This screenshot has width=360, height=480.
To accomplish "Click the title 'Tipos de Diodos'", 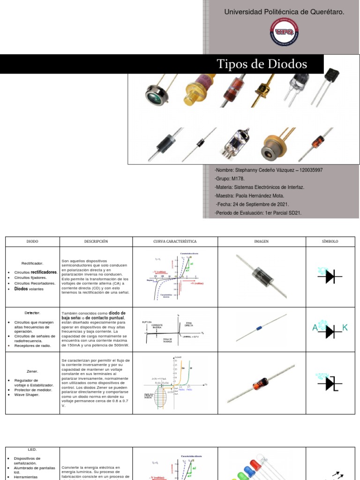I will (262, 64).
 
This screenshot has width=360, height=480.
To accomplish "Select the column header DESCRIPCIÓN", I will (96, 241).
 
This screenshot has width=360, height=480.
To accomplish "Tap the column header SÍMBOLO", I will (330, 241).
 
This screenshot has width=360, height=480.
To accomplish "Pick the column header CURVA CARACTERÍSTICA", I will (175, 241).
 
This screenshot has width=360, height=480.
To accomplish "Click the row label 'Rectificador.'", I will (32, 263).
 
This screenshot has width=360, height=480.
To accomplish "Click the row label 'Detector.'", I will (32, 312).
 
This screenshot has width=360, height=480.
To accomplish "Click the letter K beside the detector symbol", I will (345, 328).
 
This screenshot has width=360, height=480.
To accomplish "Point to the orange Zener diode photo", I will (261, 384).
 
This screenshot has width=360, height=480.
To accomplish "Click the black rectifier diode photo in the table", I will (261, 277).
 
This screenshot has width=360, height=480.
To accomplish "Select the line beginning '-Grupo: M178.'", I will (230, 179).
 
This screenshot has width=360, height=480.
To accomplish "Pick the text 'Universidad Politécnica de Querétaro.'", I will (285, 12).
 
